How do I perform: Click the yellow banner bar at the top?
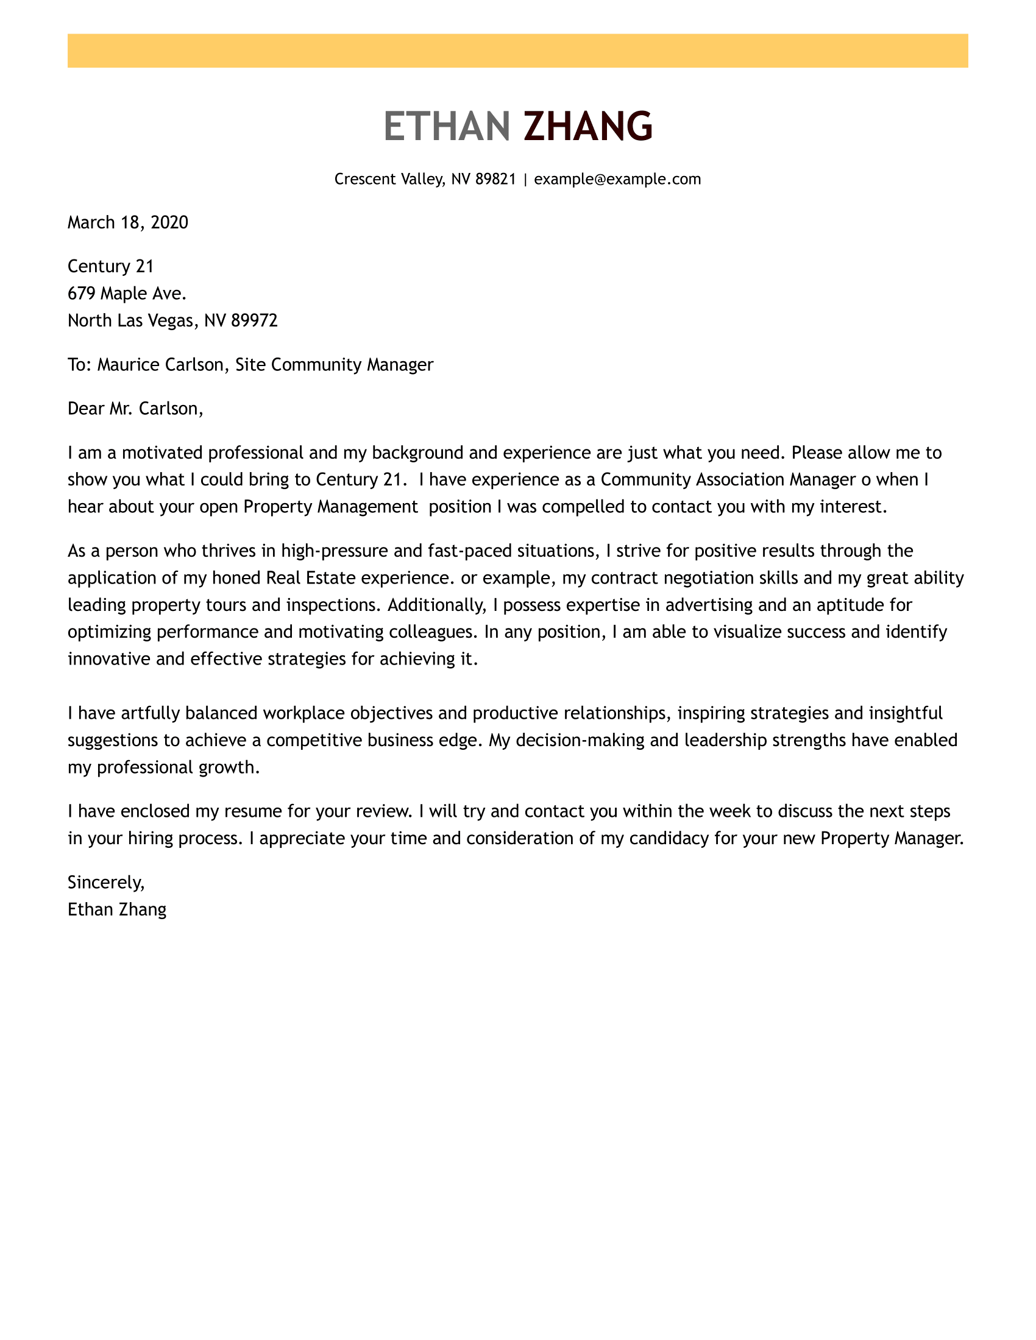tap(517, 51)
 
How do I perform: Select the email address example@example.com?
tap(617, 179)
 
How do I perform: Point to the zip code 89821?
tap(495, 179)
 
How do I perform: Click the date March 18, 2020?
tap(127, 222)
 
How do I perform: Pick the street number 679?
tap(82, 294)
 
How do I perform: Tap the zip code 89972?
tap(254, 320)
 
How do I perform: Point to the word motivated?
tap(162, 453)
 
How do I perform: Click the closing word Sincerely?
tap(105, 883)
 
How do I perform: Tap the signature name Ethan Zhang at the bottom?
tap(116, 909)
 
